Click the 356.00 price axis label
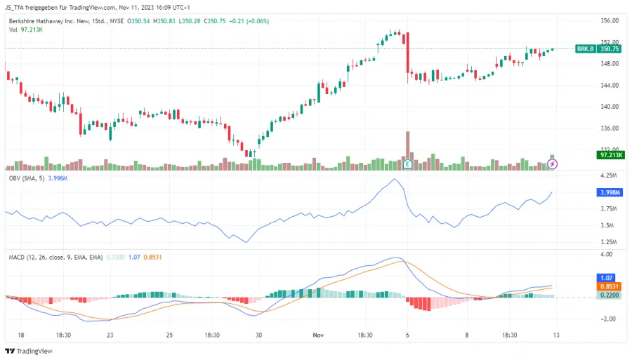tap(610, 20)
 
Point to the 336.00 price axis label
tap(610, 128)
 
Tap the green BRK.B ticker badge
tap(585, 49)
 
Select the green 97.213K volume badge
tap(607, 155)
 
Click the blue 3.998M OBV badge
tap(607, 192)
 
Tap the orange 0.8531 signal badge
tap(607, 286)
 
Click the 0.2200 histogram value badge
tap(607, 295)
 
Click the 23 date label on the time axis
tap(110, 335)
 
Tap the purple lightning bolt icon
tap(553, 164)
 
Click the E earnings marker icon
tap(407, 164)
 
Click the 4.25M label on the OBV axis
tap(608, 175)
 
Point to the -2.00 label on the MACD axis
tap(608, 319)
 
